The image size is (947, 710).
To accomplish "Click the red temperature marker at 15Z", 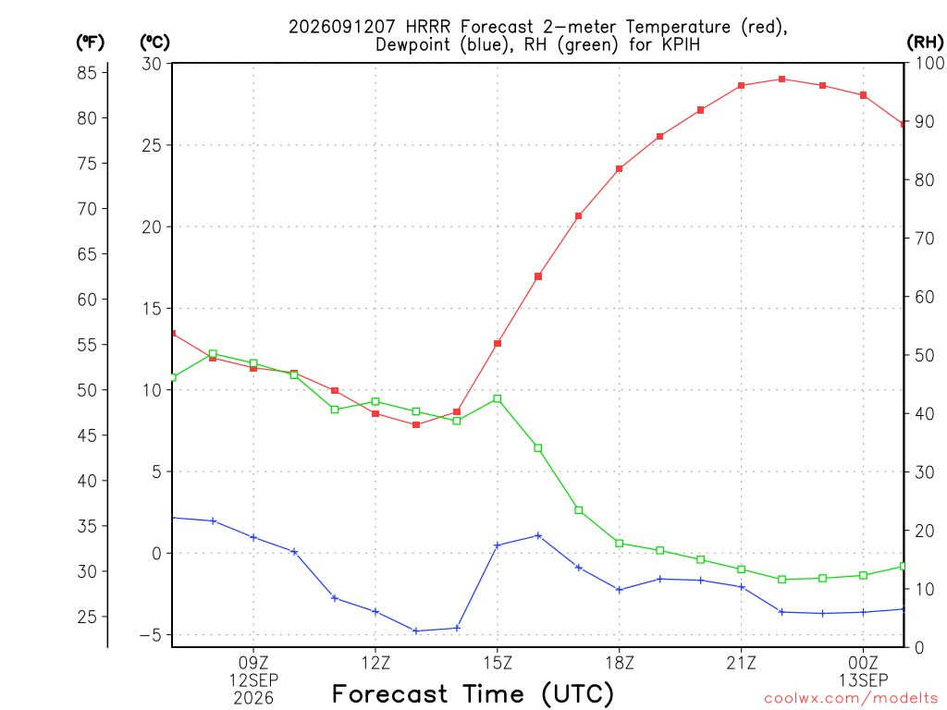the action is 498,344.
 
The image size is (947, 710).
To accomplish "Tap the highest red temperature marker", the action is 782,80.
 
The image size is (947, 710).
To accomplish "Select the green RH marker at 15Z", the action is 498,399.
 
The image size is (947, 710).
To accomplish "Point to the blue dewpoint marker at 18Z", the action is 620,590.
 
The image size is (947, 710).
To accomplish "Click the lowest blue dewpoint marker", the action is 415,630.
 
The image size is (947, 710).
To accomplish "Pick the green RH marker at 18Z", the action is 620,544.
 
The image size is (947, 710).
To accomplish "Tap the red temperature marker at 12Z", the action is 375,413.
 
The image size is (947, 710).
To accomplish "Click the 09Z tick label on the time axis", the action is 253,664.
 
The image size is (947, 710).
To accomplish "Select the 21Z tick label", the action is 742,664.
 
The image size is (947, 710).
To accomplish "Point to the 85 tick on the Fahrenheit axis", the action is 88,73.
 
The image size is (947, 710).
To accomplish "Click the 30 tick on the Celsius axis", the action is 152,64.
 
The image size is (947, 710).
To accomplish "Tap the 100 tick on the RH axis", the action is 929,63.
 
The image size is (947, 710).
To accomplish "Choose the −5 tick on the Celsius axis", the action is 151,635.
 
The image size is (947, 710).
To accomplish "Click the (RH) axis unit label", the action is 925,42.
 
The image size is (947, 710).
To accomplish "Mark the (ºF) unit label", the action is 90,43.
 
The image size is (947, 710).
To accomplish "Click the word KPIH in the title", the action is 682,44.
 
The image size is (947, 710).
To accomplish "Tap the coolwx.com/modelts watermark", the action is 851,699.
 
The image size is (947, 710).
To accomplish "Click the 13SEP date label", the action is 864,680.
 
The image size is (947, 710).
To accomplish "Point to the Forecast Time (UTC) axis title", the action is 473,694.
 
